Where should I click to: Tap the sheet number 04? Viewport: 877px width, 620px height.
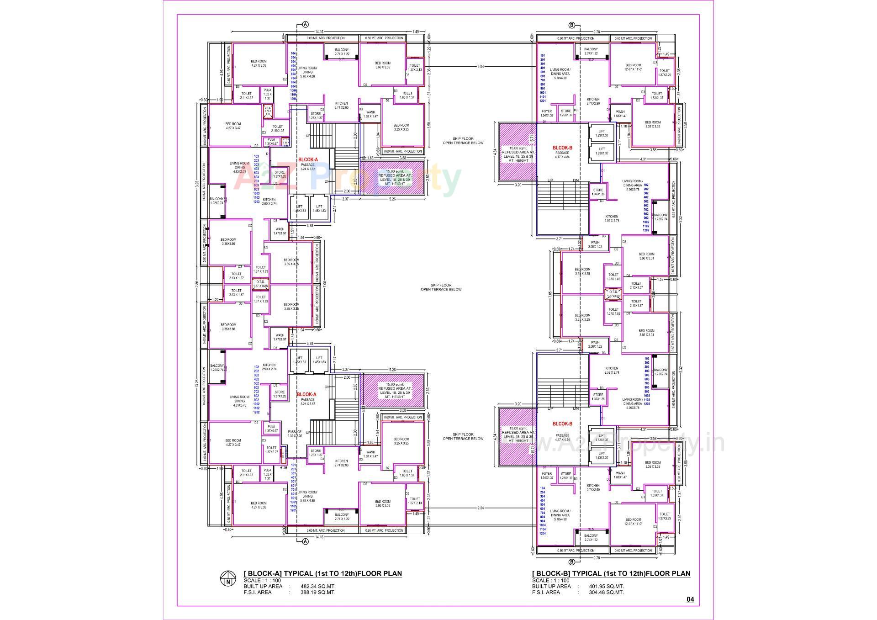690,599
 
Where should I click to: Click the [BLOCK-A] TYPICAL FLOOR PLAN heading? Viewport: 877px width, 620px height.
323,573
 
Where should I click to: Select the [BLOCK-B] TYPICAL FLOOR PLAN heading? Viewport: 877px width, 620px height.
611,573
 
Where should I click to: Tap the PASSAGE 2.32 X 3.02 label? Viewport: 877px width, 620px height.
295,434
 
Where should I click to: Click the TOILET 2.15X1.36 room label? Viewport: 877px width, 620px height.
277,129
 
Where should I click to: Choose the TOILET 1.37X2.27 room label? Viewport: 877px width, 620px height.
271,450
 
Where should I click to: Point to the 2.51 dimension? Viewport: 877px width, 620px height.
679,517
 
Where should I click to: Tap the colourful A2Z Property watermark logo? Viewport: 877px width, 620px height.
347,180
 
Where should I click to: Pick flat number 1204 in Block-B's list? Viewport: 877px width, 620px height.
543,533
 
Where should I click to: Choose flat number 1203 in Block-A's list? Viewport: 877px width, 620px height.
256,201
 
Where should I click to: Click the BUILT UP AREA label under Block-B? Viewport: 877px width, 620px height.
551,586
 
